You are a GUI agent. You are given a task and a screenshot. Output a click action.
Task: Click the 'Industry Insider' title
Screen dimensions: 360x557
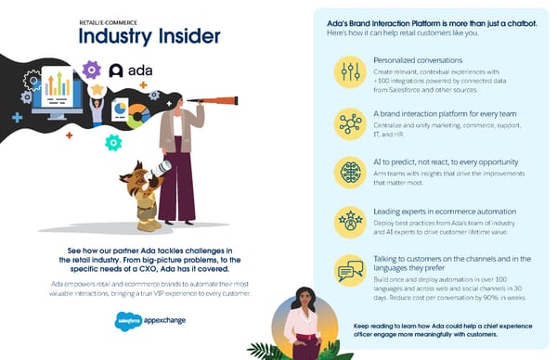point(149,37)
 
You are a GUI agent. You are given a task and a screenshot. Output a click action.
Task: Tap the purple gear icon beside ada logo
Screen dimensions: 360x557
point(91,69)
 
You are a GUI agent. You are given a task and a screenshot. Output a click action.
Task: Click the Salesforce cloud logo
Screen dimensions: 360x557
point(119,317)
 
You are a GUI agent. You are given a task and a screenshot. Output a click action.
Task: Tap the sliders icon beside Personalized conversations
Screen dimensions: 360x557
point(351,71)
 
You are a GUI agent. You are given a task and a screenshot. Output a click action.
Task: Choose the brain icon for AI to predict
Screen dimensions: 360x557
point(351,171)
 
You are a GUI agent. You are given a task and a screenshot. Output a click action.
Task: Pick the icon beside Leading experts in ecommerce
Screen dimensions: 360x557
point(351,220)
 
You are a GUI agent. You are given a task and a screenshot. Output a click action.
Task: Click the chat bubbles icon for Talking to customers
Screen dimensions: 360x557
point(351,270)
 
